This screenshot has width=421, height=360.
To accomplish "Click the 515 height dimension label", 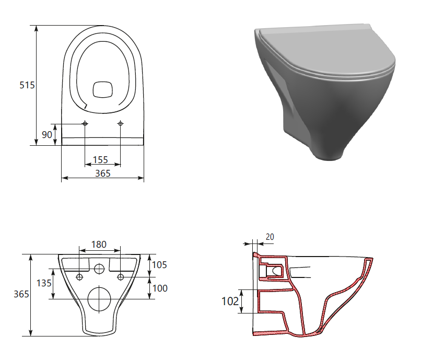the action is (x=27, y=85).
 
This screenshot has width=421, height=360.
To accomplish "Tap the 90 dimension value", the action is (x=47, y=134).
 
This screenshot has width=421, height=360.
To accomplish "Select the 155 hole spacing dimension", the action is (x=100, y=160).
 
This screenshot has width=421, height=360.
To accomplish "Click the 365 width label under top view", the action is (x=103, y=173).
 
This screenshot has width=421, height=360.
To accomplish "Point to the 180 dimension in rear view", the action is (x=99, y=245).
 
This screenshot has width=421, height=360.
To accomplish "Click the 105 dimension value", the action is (x=159, y=265).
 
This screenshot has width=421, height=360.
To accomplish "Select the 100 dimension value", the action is (x=160, y=288).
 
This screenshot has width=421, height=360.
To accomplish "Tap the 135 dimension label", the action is (x=44, y=283).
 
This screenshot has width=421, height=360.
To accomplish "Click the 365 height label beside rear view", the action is (x=21, y=294).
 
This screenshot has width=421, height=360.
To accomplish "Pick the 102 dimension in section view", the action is (x=230, y=301).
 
